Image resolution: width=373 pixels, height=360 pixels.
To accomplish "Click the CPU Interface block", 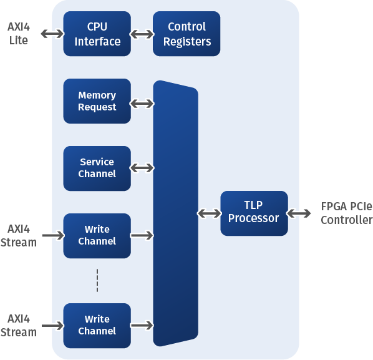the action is point(97,34).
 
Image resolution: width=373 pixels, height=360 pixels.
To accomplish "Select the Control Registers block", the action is point(186,34).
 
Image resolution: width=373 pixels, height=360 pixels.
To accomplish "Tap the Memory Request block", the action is point(97,101).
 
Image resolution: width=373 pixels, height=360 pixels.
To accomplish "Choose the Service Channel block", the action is point(97,168).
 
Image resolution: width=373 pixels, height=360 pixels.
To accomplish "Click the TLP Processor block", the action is point(254,213).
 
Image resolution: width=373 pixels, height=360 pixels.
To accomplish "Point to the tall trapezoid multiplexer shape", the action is point(175,213).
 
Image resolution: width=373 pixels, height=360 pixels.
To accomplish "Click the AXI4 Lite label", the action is point(19,34).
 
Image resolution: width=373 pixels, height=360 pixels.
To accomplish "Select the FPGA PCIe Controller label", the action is point(347,213).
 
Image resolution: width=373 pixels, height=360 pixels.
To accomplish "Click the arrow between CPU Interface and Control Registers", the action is point(142,34).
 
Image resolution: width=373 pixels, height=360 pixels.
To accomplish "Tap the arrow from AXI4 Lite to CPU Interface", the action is point(52,34).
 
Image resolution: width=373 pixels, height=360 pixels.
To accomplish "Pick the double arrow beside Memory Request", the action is point(142,104).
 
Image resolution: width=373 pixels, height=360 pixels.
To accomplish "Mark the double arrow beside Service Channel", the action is point(142,168).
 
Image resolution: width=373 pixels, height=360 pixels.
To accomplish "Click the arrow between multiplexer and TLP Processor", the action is point(210,213).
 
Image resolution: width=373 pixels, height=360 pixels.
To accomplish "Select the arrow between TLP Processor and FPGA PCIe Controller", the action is point(299,213).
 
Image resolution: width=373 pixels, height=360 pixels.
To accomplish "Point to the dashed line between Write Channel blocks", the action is point(97,281).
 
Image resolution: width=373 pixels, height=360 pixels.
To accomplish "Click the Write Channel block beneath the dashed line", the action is point(97,326).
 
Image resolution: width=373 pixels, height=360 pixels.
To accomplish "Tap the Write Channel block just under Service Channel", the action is point(97,236).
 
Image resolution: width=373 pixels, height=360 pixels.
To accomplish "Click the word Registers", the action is point(187,42).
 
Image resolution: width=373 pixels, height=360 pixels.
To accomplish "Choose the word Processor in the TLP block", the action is point(254,218).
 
